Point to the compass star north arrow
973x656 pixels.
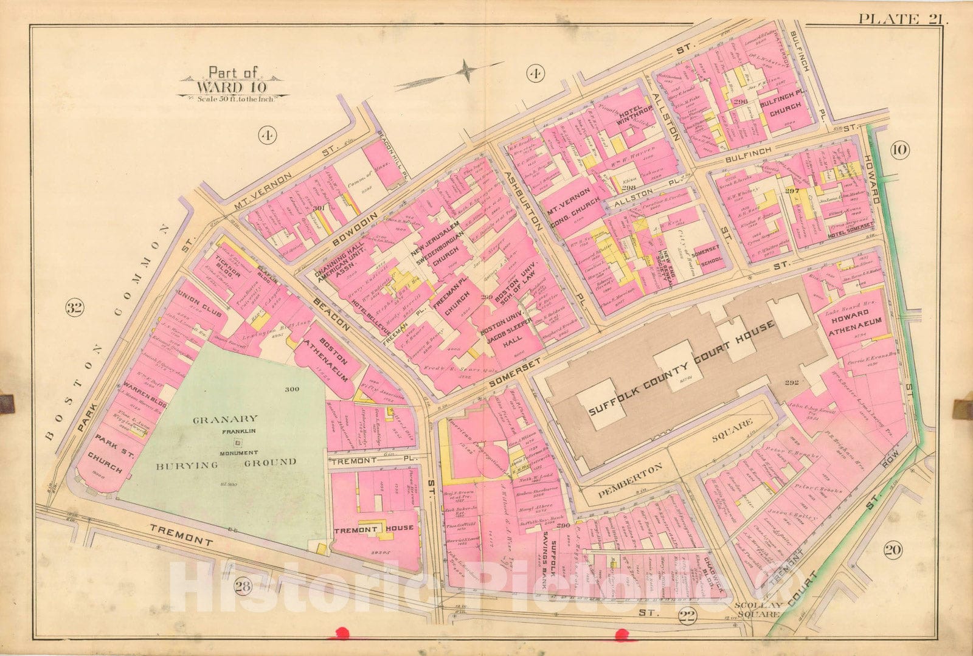[x=467, y=71]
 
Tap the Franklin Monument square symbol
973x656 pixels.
[x=237, y=443]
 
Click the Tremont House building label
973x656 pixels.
[x=373, y=528]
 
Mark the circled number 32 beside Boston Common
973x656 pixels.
[x=74, y=308]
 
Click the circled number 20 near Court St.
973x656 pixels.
[x=893, y=551]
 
